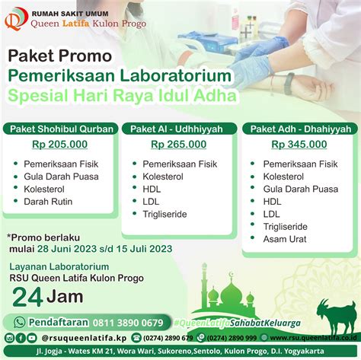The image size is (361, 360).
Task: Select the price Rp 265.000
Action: tap(178, 144)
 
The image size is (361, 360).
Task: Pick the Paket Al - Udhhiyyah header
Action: tap(179, 129)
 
